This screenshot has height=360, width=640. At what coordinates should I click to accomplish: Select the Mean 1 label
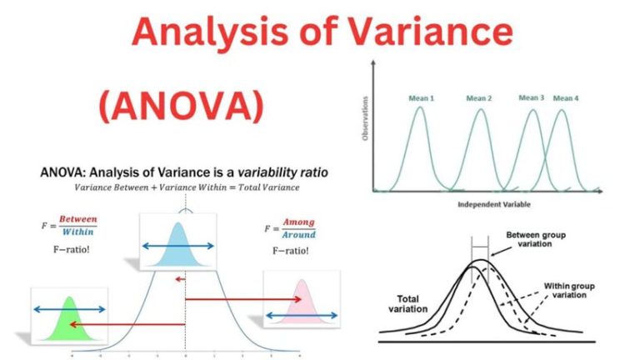421,98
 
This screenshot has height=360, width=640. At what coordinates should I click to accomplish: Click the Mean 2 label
479,98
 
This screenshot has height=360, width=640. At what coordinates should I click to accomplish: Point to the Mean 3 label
531,97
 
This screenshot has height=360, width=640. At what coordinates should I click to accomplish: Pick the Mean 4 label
566,98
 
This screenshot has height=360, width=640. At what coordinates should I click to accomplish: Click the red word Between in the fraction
78,219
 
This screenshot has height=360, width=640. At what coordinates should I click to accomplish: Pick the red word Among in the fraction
298,222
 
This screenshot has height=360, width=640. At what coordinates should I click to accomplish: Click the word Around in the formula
298,234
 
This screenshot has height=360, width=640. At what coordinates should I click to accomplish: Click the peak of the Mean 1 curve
421,108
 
